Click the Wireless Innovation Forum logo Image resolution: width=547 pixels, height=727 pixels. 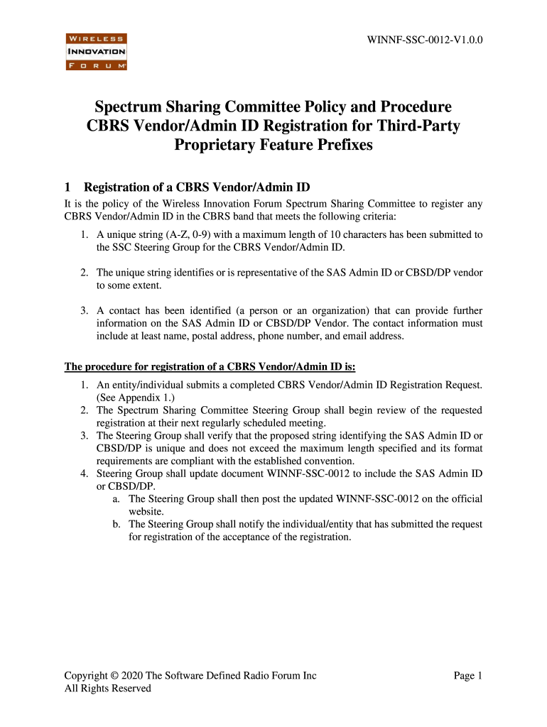(x=96, y=52)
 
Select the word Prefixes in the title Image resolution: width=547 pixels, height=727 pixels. (x=337, y=146)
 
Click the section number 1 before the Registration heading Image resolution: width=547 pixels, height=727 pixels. (x=67, y=188)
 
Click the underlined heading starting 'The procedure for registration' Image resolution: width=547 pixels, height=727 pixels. (x=210, y=367)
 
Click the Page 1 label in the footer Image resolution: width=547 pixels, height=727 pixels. (x=468, y=675)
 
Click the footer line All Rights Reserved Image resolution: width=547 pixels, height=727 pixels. (x=107, y=688)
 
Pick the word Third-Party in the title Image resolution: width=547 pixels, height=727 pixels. (x=418, y=126)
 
